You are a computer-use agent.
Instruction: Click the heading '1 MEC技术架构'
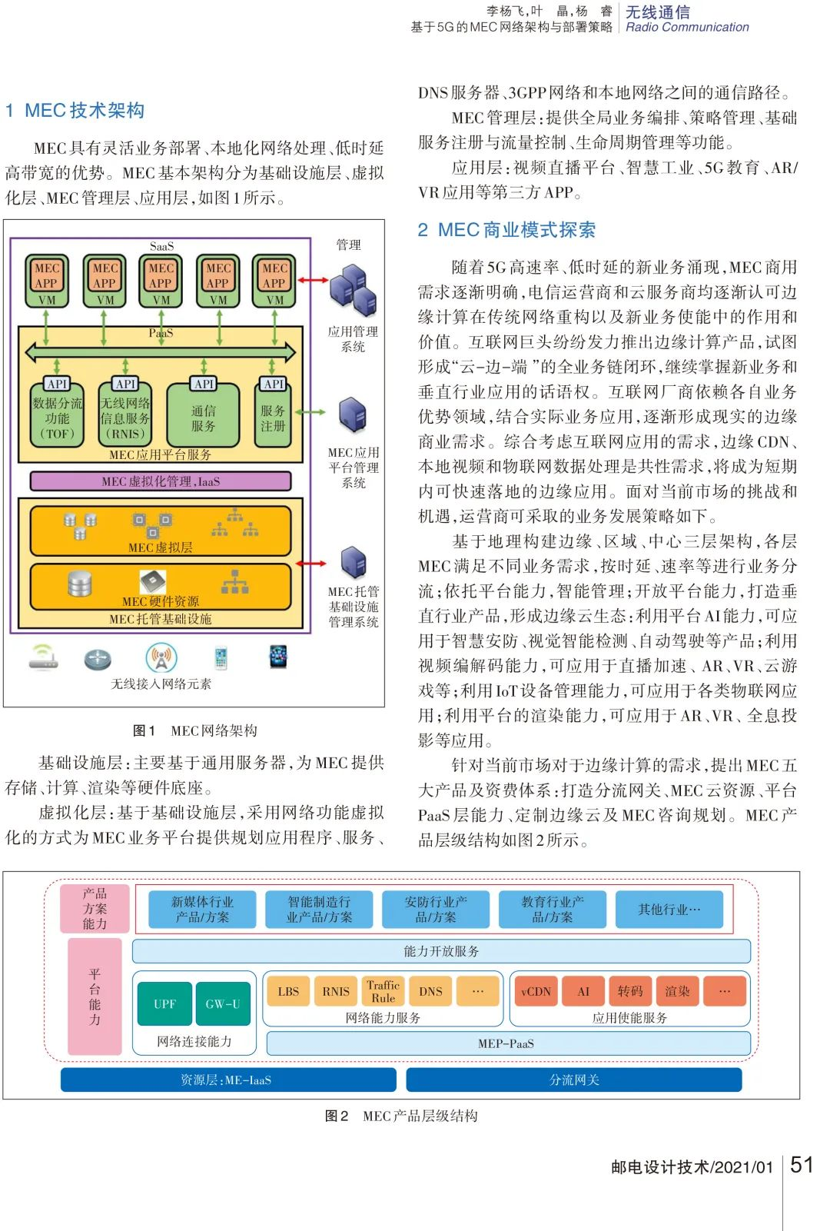coord(75,111)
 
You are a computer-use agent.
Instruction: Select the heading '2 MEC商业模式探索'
coord(506,230)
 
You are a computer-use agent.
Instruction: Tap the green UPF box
coord(164,1003)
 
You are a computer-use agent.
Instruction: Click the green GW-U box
coord(223,1003)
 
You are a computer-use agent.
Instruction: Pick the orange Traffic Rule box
coord(383,991)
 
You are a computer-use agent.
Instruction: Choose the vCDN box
coord(536,991)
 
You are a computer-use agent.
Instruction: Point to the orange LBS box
coord(288,991)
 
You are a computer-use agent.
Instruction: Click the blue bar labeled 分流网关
coord(573,1080)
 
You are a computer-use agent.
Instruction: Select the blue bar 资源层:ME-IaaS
coord(227,1080)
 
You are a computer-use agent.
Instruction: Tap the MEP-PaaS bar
coord(507,1043)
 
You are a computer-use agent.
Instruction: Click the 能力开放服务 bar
coord(441,951)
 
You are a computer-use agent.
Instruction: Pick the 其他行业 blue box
coord(669,910)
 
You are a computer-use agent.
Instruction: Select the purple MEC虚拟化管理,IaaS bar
coord(161,481)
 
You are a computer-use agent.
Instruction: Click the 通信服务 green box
coord(204,418)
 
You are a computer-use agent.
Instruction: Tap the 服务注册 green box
coord(273,418)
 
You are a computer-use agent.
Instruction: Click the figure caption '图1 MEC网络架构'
coord(194,730)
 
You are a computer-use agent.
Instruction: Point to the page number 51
coord(802,1165)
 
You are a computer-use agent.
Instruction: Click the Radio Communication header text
coord(687,27)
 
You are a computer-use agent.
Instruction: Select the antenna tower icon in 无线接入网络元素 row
coord(161,657)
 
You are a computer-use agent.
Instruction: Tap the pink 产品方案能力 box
coord(95,909)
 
